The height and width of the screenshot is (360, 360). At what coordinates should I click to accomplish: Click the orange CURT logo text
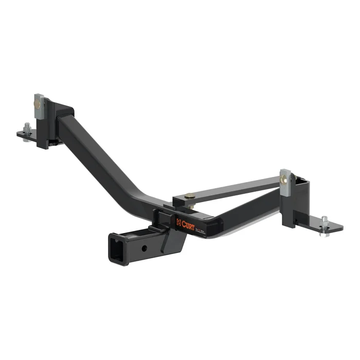(x=187, y=222)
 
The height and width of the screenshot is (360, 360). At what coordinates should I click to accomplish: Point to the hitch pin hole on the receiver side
(x=145, y=248)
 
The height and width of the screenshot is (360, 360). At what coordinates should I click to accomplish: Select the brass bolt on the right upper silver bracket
(x=284, y=179)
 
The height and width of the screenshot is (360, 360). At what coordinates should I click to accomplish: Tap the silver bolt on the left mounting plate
(x=27, y=128)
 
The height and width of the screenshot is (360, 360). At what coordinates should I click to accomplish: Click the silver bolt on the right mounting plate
(x=324, y=222)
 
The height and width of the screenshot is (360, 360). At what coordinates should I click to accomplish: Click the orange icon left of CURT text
(x=178, y=222)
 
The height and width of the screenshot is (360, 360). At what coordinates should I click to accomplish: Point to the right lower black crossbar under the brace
(x=247, y=211)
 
